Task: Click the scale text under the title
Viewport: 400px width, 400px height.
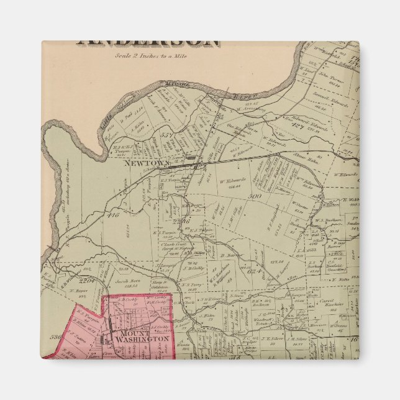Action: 151,55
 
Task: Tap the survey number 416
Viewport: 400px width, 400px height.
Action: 112,214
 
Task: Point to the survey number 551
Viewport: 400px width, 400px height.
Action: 165,134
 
